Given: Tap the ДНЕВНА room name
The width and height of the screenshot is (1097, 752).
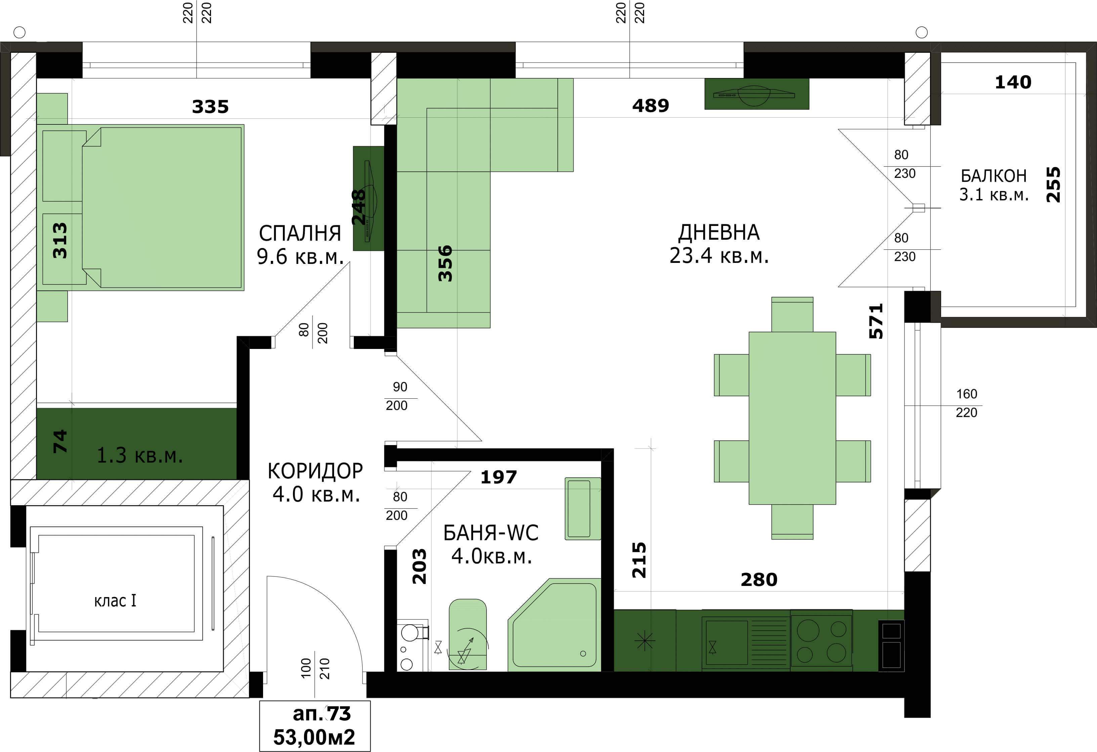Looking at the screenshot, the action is coord(719,232).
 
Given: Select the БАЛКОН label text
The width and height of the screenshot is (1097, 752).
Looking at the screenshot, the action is coord(994,176).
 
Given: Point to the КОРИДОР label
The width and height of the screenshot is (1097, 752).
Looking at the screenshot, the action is coord(315,471).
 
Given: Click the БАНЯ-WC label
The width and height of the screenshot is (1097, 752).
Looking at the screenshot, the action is coord(491,533).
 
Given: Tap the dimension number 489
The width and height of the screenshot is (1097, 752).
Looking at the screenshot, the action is coord(650,105).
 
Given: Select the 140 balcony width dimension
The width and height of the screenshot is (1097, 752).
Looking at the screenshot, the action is coord(1013,82).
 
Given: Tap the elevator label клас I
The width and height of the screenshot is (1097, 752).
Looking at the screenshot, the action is coord(115,600).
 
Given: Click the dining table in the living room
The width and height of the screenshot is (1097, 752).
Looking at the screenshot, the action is coord(792,418).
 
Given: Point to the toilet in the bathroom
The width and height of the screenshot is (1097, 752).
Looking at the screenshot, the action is coord(467,634).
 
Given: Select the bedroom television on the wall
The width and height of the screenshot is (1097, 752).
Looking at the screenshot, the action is coord(369,198).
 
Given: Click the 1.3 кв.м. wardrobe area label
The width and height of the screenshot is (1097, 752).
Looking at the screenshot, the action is coord(140,456).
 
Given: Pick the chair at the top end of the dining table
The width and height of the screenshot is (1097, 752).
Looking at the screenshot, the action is coord(792,314).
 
